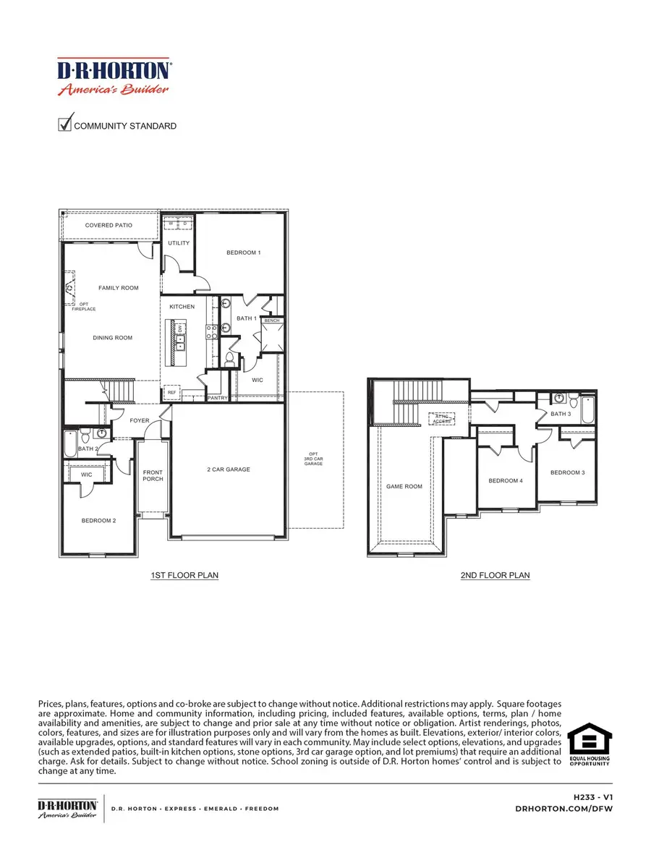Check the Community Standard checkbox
click(65, 124)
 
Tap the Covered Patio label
click(109, 226)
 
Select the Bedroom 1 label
click(243, 252)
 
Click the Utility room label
click(179, 243)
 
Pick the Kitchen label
click(182, 307)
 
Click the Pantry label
click(218, 398)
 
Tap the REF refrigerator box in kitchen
click(171, 392)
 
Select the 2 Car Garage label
click(229, 469)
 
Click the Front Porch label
click(153, 475)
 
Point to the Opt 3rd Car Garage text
click(313, 459)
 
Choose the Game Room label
click(404, 487)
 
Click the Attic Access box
click(442, 418)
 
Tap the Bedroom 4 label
click(505, 480)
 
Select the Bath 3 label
click(560, 414)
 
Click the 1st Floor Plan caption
click(184, 576)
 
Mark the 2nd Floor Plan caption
click(495, 576)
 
